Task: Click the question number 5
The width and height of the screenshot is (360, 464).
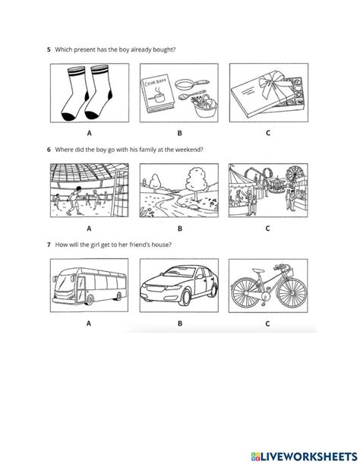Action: point(49,50)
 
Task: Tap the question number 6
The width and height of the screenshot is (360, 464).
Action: point(49,149)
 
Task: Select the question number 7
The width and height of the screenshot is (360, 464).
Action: point(49,245)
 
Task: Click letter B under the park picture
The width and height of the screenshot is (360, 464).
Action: point(179,226)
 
